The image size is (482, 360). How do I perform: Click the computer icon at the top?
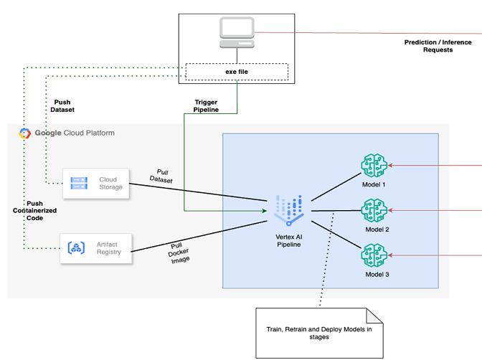[x=237, y=32]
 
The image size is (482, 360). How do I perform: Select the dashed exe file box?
[x=237, y=72]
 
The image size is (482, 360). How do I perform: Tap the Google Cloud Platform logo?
[x=24, y=133]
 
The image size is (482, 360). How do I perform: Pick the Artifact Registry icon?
[x=77, y=248]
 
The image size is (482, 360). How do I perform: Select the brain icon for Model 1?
[x=373, y=166]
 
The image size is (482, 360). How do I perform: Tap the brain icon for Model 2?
[x=373, y=210]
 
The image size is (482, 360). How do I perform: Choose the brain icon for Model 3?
[x=373, y=255]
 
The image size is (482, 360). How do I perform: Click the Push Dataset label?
[x=63, y=105]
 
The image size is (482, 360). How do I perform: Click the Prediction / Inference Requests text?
[x=438, y=46]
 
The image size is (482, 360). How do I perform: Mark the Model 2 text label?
[x=377, y=229]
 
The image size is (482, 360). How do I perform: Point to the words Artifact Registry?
[x=108, y=248]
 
